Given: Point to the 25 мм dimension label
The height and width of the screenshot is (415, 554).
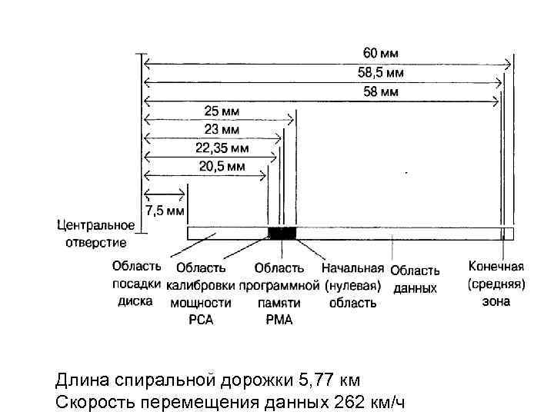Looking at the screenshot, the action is coord(222,111).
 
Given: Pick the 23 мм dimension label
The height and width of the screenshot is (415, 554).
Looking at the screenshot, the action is coord(222,129).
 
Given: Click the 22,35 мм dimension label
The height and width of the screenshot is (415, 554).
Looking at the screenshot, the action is coord(222,148).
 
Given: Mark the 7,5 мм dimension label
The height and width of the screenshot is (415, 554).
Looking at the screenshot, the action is coord(164,211).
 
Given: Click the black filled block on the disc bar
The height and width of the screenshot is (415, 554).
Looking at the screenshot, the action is coord(281,233).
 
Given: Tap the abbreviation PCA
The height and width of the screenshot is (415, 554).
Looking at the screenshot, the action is coord(201,320).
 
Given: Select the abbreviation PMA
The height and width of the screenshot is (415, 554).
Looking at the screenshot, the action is coord(279,320).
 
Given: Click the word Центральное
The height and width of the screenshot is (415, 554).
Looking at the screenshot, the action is coord(96,226).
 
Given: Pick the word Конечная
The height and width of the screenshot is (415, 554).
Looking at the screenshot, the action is coord(496,267).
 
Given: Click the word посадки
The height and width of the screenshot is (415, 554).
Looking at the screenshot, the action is coord(135,284).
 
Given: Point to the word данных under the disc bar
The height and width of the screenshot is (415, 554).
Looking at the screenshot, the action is coord(415,288).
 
